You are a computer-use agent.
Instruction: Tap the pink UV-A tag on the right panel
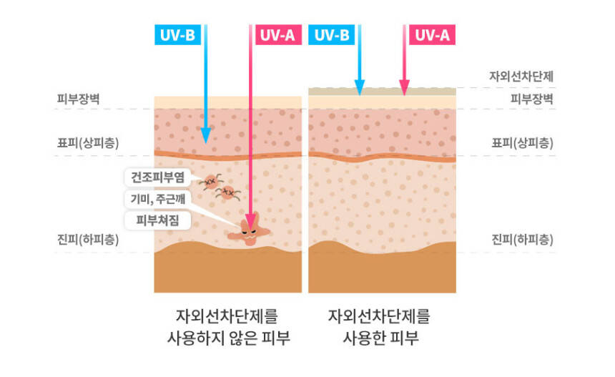(x=432, y=34)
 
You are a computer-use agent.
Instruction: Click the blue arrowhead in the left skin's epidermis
(x=205, y=135)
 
